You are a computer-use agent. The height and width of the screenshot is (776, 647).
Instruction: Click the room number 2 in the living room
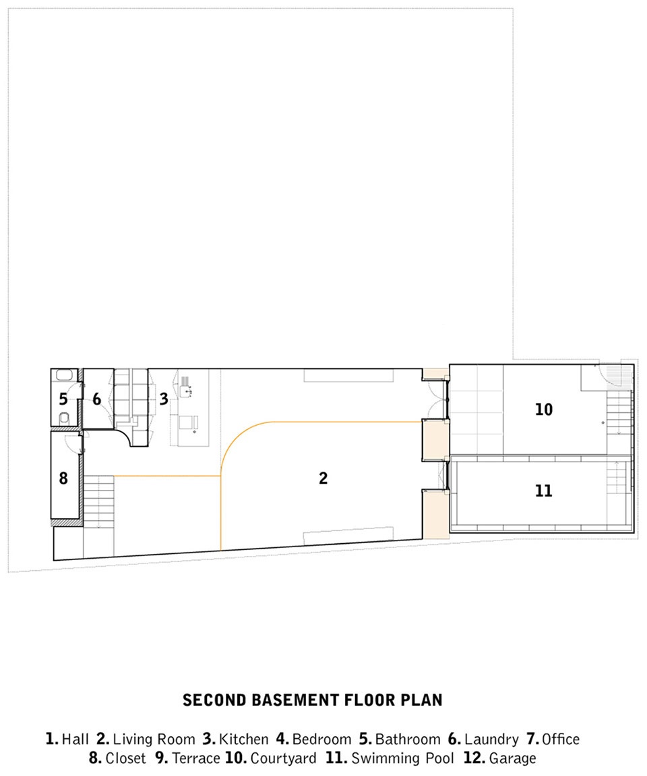click(323, 478)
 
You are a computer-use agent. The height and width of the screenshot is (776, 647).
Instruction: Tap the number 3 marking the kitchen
click(164, 399)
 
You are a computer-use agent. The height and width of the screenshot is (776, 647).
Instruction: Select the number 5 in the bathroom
click(63, 399)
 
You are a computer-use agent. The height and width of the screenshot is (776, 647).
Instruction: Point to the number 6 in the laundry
click(97, 399)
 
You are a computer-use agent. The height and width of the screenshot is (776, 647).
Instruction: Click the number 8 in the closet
click(63, 478)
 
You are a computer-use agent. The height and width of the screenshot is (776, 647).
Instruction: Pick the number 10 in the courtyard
click(544, 410)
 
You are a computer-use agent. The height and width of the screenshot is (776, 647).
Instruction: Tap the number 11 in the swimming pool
click(543, 491)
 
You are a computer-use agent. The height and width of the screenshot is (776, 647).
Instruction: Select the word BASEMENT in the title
click(295, 700)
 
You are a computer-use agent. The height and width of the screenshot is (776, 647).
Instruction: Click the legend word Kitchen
click(244, 740)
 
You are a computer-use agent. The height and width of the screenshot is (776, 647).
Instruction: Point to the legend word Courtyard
click(283, 758)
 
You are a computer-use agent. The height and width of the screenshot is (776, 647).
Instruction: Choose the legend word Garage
click(513, 758)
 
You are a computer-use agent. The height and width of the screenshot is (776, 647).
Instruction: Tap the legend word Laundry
click(491, 740)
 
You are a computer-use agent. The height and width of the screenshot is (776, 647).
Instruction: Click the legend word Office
click(561, 740)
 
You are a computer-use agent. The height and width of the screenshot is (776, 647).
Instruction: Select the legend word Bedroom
click(321, 740)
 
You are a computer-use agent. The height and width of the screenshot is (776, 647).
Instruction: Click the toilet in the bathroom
click(64, 419)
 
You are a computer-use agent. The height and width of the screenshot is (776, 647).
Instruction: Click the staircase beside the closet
click(99, 502)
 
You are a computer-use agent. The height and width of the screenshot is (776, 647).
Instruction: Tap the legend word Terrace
click(196, 758)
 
